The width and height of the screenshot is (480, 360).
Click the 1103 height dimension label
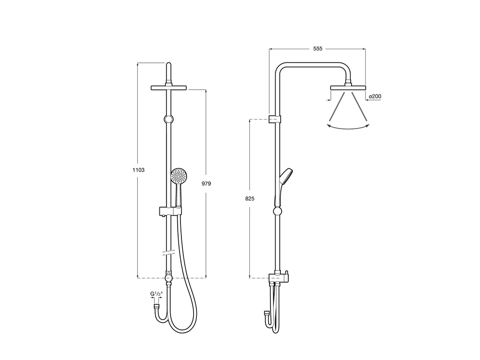coord(138,170)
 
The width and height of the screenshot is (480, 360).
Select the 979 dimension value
coord(206,184)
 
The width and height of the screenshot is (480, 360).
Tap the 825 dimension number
coord(250,199)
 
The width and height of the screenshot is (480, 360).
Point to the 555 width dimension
coord(318,49)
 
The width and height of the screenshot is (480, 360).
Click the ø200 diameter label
coord(375,97)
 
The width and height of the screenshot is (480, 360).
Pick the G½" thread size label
coord(157,294)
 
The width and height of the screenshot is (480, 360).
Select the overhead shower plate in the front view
coord(169,88)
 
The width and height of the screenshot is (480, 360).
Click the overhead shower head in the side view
coord(348,88)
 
